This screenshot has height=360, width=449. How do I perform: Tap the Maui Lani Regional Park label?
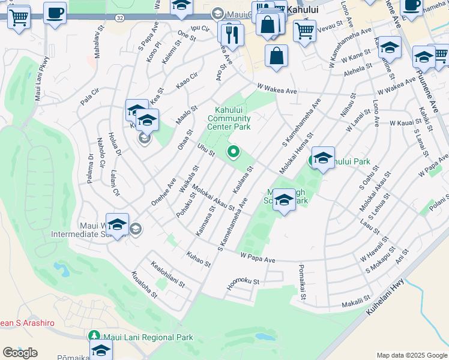[148, 337]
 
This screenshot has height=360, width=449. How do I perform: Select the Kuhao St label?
[199, 259]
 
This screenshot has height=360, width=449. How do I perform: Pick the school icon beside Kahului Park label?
[323, 158]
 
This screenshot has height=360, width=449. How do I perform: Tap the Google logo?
[20, 353]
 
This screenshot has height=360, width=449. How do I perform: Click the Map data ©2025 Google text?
[412, 355]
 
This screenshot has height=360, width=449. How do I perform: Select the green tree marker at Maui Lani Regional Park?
[93, 337]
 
